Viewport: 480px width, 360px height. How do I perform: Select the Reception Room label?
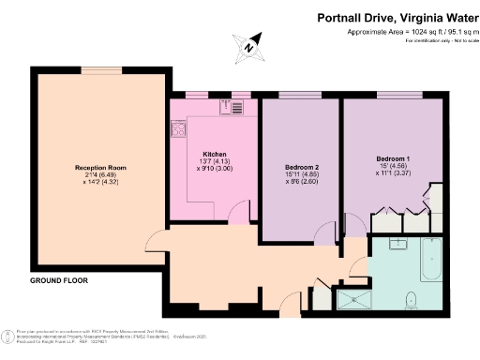click(x=100, y=168)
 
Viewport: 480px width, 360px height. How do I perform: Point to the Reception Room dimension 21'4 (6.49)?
click(x=100, y=176)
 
